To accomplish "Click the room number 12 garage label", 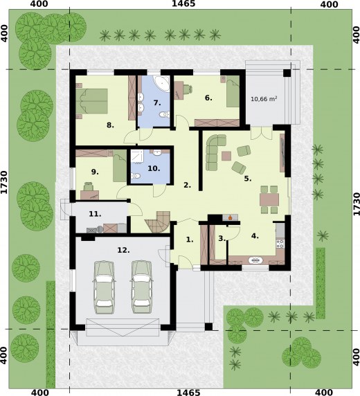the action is click(123, 251).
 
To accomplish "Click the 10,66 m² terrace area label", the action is click(264, 99).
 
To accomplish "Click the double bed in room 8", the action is click(92, 100).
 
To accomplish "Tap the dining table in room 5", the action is click(269, 199).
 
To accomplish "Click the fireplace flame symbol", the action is click(230, 217).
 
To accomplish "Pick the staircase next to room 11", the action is click(158, 222).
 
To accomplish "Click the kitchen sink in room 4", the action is click(255, 260).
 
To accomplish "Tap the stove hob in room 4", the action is click(280, 244).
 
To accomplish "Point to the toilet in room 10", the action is click(136, 176).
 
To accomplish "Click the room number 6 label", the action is click(208, 98).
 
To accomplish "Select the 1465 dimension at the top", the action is click(183, 3).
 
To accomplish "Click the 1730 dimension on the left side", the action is click(4, 182).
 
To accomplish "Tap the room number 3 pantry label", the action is click(222, 238).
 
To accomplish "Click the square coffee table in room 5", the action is click(226, 156).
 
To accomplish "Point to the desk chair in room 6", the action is click(187, 89).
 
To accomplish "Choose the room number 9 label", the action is click(95, 172).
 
